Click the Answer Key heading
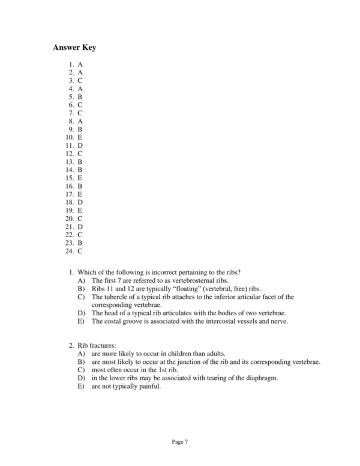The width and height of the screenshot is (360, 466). (74, 47)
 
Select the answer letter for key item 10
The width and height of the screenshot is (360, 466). (80, 138)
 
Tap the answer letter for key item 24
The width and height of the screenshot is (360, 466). (80, 251)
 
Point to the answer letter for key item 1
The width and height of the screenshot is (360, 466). (80, 64)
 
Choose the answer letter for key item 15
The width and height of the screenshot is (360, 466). (80, 178)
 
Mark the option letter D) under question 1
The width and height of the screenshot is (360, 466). (82, 313)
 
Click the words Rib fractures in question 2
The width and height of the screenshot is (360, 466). (97, 346)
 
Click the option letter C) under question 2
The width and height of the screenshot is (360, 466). (82, 371)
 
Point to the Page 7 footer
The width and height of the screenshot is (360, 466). (180, 442)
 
